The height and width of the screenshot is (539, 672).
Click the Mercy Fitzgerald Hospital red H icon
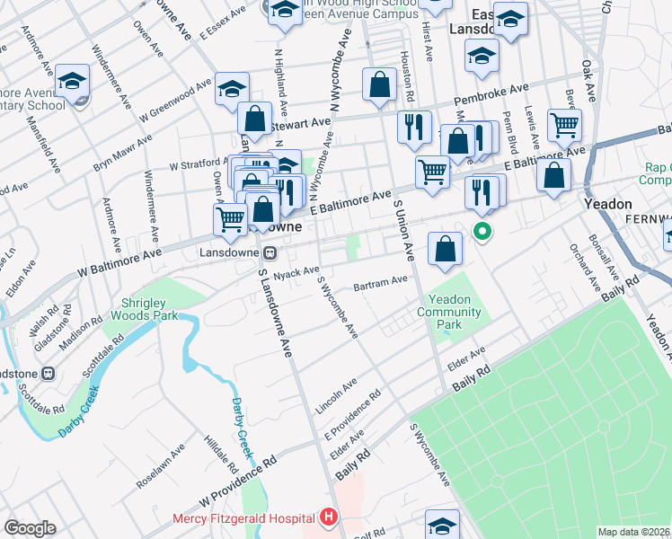click(329, 517)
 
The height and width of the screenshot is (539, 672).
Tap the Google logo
click(31, 528)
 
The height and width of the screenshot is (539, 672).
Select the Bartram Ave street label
click(381, 283)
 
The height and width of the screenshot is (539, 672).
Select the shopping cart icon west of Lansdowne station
click(231, 218)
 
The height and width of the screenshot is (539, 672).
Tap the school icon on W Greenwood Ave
click(231, 89)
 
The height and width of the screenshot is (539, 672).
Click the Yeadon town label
click(608, 204)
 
